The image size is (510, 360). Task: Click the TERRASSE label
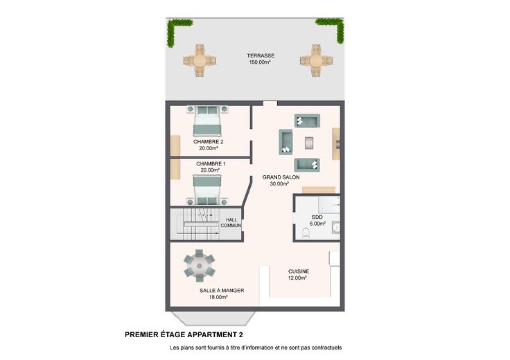(261, 55)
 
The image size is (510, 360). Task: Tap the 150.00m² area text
(260, 62)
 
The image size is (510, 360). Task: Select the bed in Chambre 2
(207, 120)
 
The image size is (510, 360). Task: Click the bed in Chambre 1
(207, 190)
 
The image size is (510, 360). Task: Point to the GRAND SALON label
(281, 177)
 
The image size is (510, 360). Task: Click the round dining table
(200, 266)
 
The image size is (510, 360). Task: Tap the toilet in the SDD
(306, 233)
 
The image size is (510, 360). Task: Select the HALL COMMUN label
(231, 222)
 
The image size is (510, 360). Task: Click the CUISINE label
(299, 271)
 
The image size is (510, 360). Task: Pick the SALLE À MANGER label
(222, 291)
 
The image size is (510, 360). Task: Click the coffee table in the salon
(309, 143)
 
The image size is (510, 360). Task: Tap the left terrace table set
(200, 61)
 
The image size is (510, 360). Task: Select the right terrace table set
(316, 61)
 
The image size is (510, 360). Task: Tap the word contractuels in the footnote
(326, 348)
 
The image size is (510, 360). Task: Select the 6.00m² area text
(318, 224)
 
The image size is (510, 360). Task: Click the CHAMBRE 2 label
(208, 142)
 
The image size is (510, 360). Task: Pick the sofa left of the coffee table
(285, 142)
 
